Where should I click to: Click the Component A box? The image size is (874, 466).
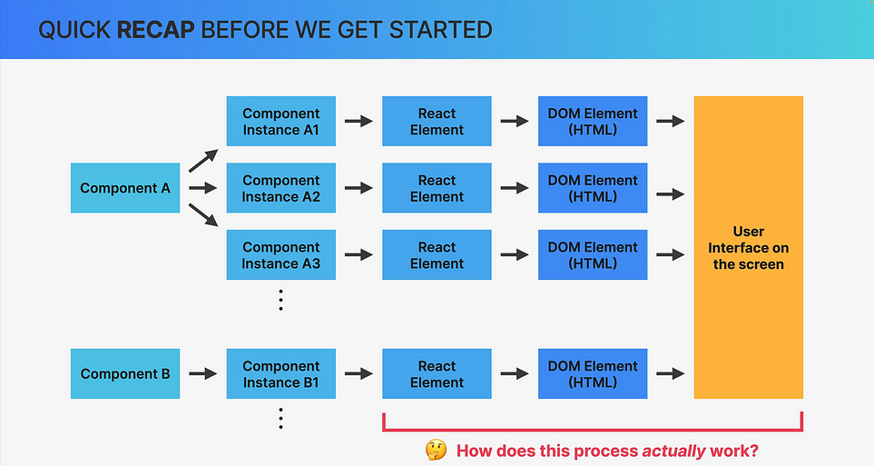coord(125,187)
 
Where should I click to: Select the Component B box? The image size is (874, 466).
coord(125,373)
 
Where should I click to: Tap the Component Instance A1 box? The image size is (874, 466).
coord(281,121)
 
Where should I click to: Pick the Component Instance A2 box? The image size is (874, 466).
coord(281,187)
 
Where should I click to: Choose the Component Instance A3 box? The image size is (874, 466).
coord(281,254)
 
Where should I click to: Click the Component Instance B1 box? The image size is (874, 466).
coord(281,373)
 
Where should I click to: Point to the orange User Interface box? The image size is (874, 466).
coord(749,247)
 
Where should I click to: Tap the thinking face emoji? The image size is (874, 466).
coord(436,450)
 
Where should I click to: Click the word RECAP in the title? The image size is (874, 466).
coord(155,30)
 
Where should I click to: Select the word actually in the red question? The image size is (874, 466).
coord(674,451)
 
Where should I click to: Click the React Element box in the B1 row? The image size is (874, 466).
coord(437,373)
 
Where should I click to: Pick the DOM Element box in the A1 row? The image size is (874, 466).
coord(593,121)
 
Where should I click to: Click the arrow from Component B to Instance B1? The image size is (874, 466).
coord(203,373)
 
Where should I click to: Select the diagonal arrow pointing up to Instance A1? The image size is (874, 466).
coord(203,161)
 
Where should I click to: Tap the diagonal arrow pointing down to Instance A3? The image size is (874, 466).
coord(203,215)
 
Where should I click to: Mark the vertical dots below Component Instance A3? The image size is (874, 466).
coord(281,301)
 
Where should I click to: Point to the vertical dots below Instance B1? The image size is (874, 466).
coord(281,419)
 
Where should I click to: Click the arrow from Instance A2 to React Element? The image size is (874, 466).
coord(359,188)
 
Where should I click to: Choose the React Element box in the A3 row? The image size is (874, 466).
coord(437,254)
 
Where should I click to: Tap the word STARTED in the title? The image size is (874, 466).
coord(441,30)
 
